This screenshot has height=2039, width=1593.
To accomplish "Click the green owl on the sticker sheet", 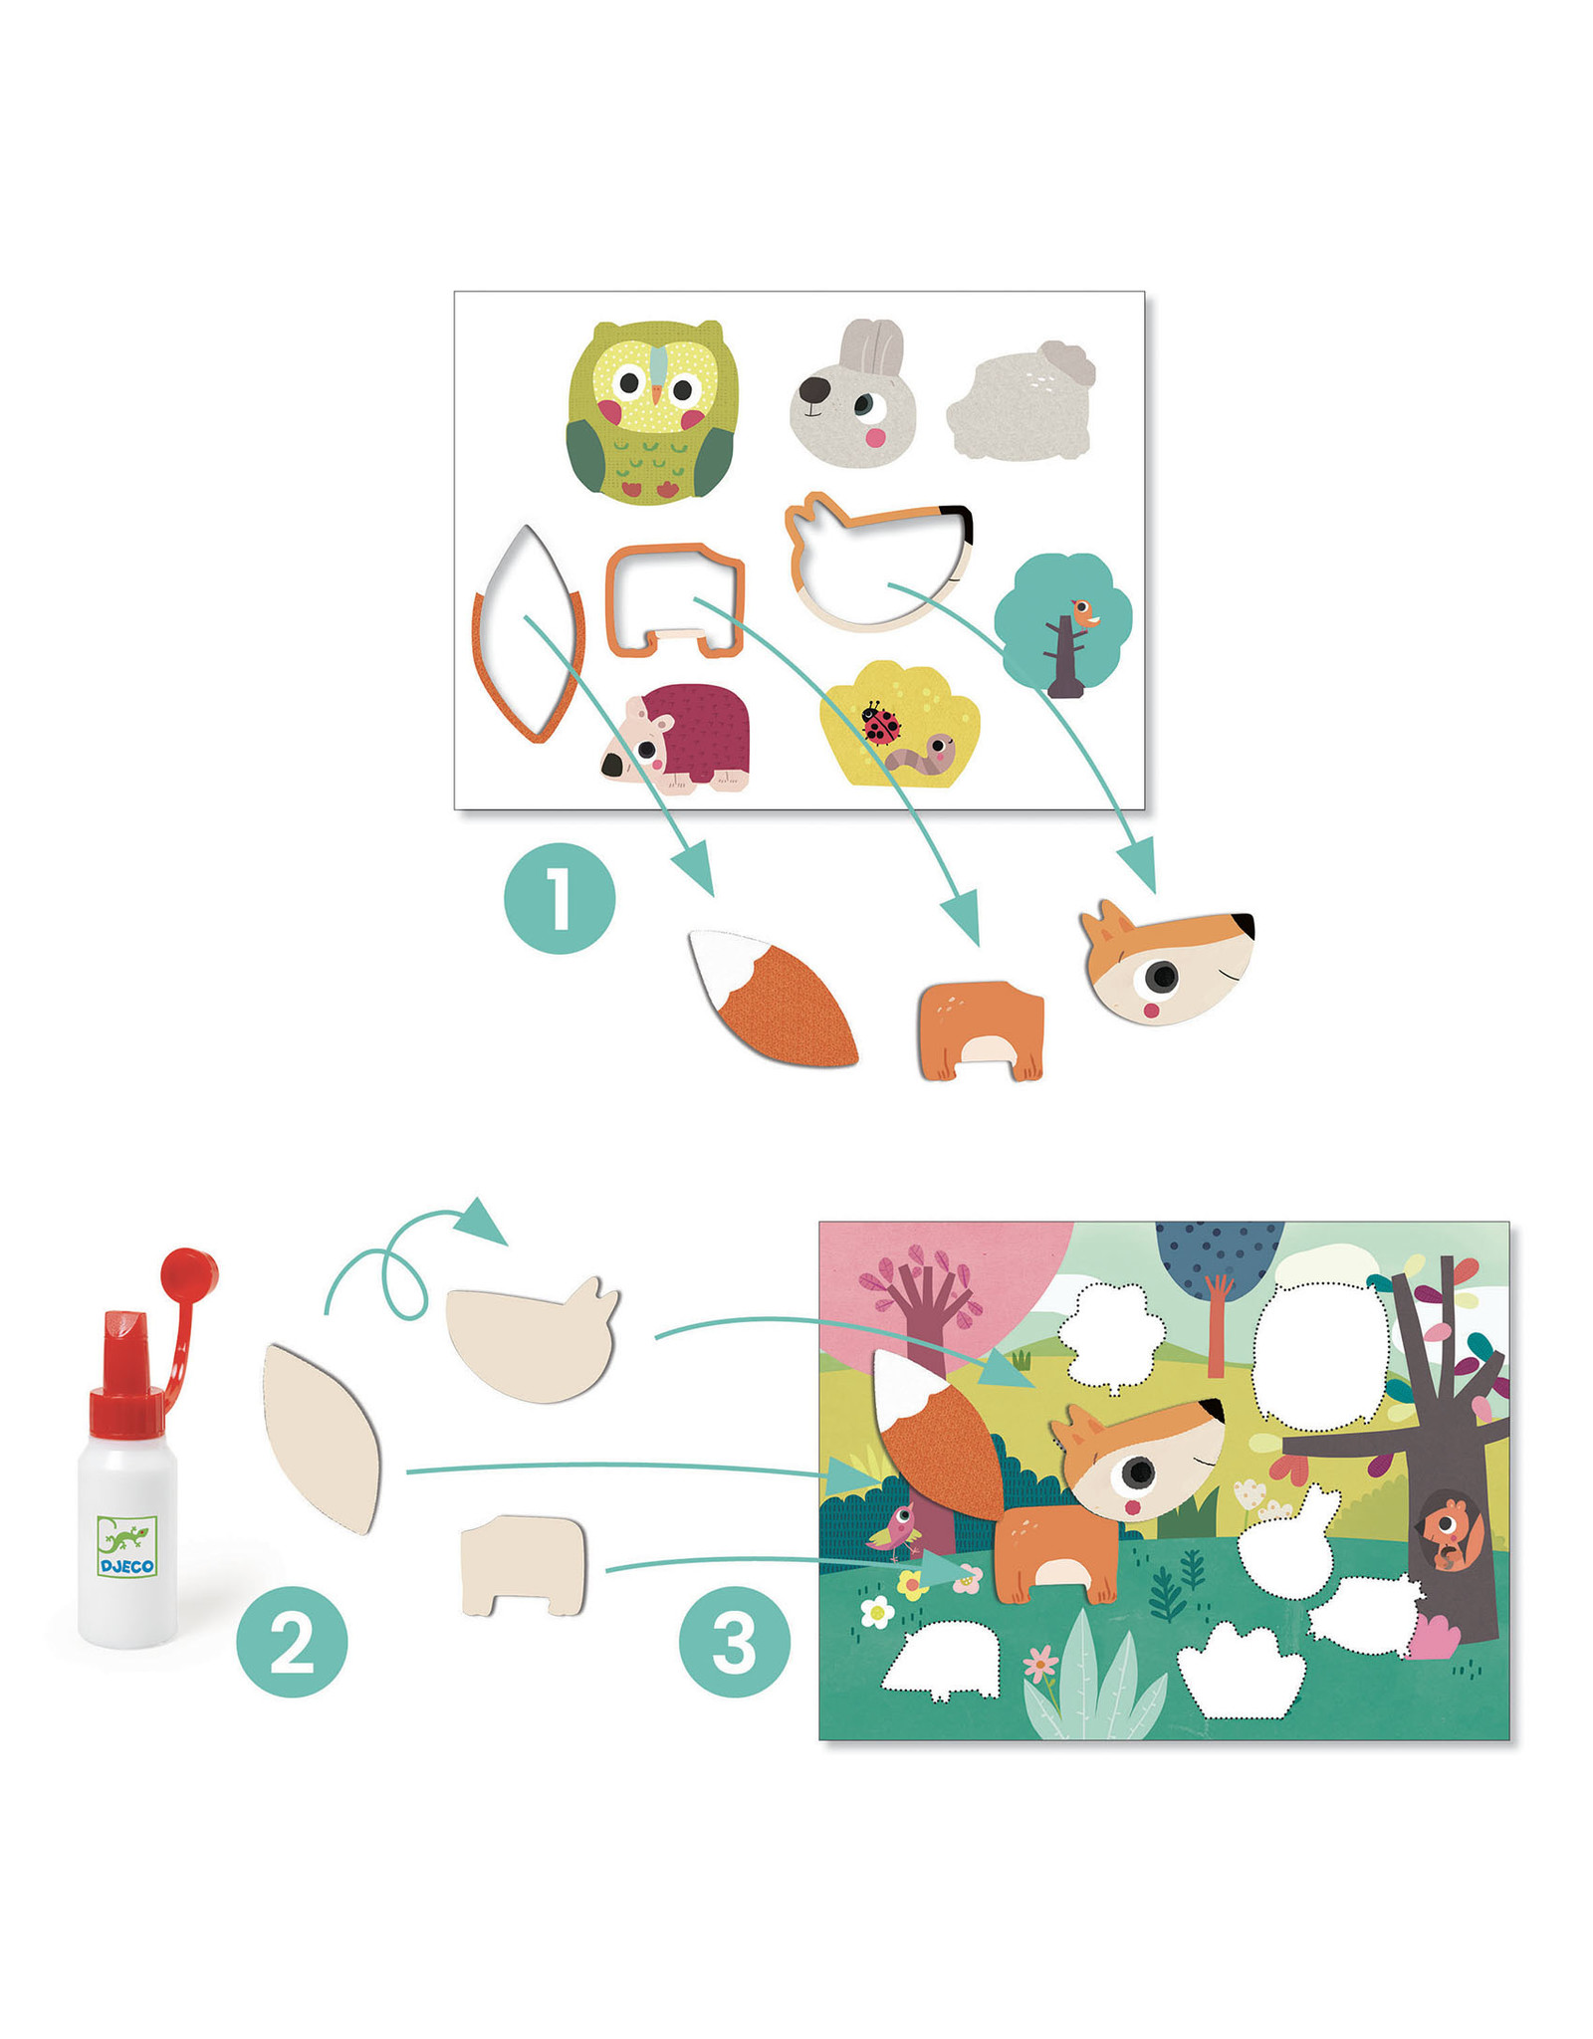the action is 652,412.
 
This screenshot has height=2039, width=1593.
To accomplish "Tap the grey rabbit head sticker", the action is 853,394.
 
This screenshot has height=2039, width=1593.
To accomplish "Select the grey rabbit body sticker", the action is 1021,400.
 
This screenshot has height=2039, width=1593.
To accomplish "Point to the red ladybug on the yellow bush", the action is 880,724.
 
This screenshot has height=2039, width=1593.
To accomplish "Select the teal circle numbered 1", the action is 560,897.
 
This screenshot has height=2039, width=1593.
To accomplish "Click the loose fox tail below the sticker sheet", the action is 773,998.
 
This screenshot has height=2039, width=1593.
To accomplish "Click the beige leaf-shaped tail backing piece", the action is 322,1437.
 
